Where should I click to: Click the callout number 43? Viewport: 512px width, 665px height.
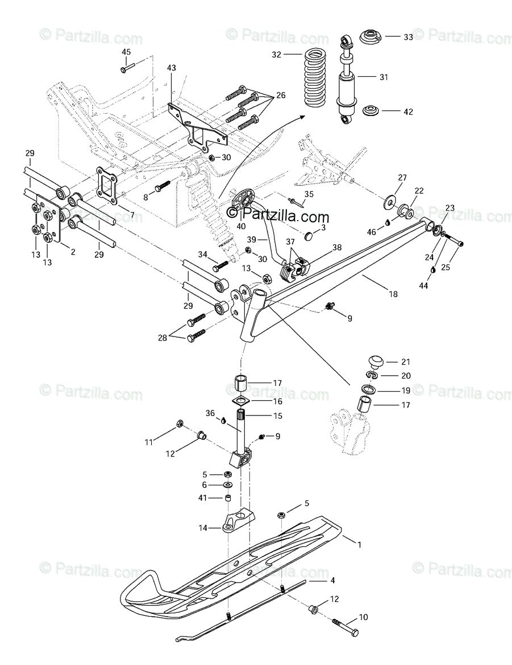click(x=172, y=68)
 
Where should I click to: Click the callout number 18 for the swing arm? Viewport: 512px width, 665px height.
click(x=393, y=294)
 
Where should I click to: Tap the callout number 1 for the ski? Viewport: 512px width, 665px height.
click(x=359, y=544)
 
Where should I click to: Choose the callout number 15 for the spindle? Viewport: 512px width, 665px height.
click(x=277, y=416)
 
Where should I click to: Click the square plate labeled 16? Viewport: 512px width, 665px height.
click(x=242, y=401)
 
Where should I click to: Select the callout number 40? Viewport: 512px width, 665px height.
click(x=241, y=226)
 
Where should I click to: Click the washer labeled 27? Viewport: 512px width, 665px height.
click(x=390, y=201)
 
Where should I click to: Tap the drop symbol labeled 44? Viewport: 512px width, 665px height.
click(x=432, y=270)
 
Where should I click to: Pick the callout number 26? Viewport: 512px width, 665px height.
click(x=281, y=95)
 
